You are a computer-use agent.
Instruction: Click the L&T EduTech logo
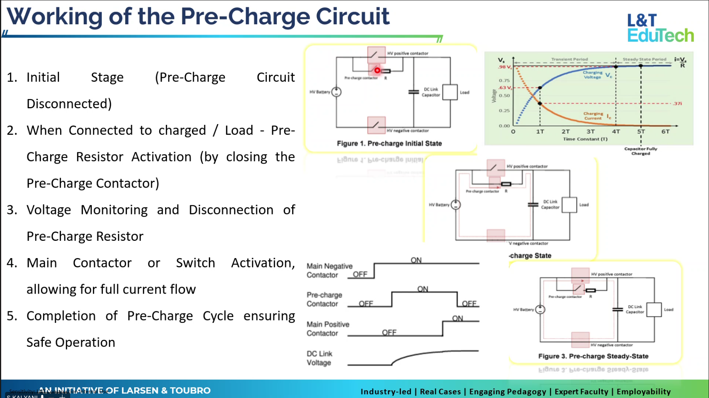[660, 28]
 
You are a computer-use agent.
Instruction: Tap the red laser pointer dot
[377, 71]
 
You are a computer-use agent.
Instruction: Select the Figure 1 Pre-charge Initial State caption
[389, 143]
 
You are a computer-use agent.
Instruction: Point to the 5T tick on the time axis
[641, 131]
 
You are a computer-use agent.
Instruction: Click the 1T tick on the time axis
[540, 131]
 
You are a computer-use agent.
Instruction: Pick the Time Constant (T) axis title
[585, 139]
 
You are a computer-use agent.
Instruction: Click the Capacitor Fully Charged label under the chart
[640, 151]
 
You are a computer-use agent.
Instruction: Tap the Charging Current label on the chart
[593, 116]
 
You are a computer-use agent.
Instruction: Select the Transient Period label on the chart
[569, 59]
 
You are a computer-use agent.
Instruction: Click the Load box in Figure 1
[450, 92]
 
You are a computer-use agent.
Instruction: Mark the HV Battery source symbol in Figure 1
[336, 92]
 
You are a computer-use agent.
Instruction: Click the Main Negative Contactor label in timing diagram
[329, 270]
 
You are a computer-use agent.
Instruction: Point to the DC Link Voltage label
[319, 358]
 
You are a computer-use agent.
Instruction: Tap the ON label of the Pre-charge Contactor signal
[423, 289]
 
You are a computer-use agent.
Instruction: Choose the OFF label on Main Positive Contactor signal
[389, 332]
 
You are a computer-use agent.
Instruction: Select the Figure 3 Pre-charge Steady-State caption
[593, 356]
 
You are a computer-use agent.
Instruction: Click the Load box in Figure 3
[654, 310]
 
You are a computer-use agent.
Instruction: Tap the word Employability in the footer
[643, 391]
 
